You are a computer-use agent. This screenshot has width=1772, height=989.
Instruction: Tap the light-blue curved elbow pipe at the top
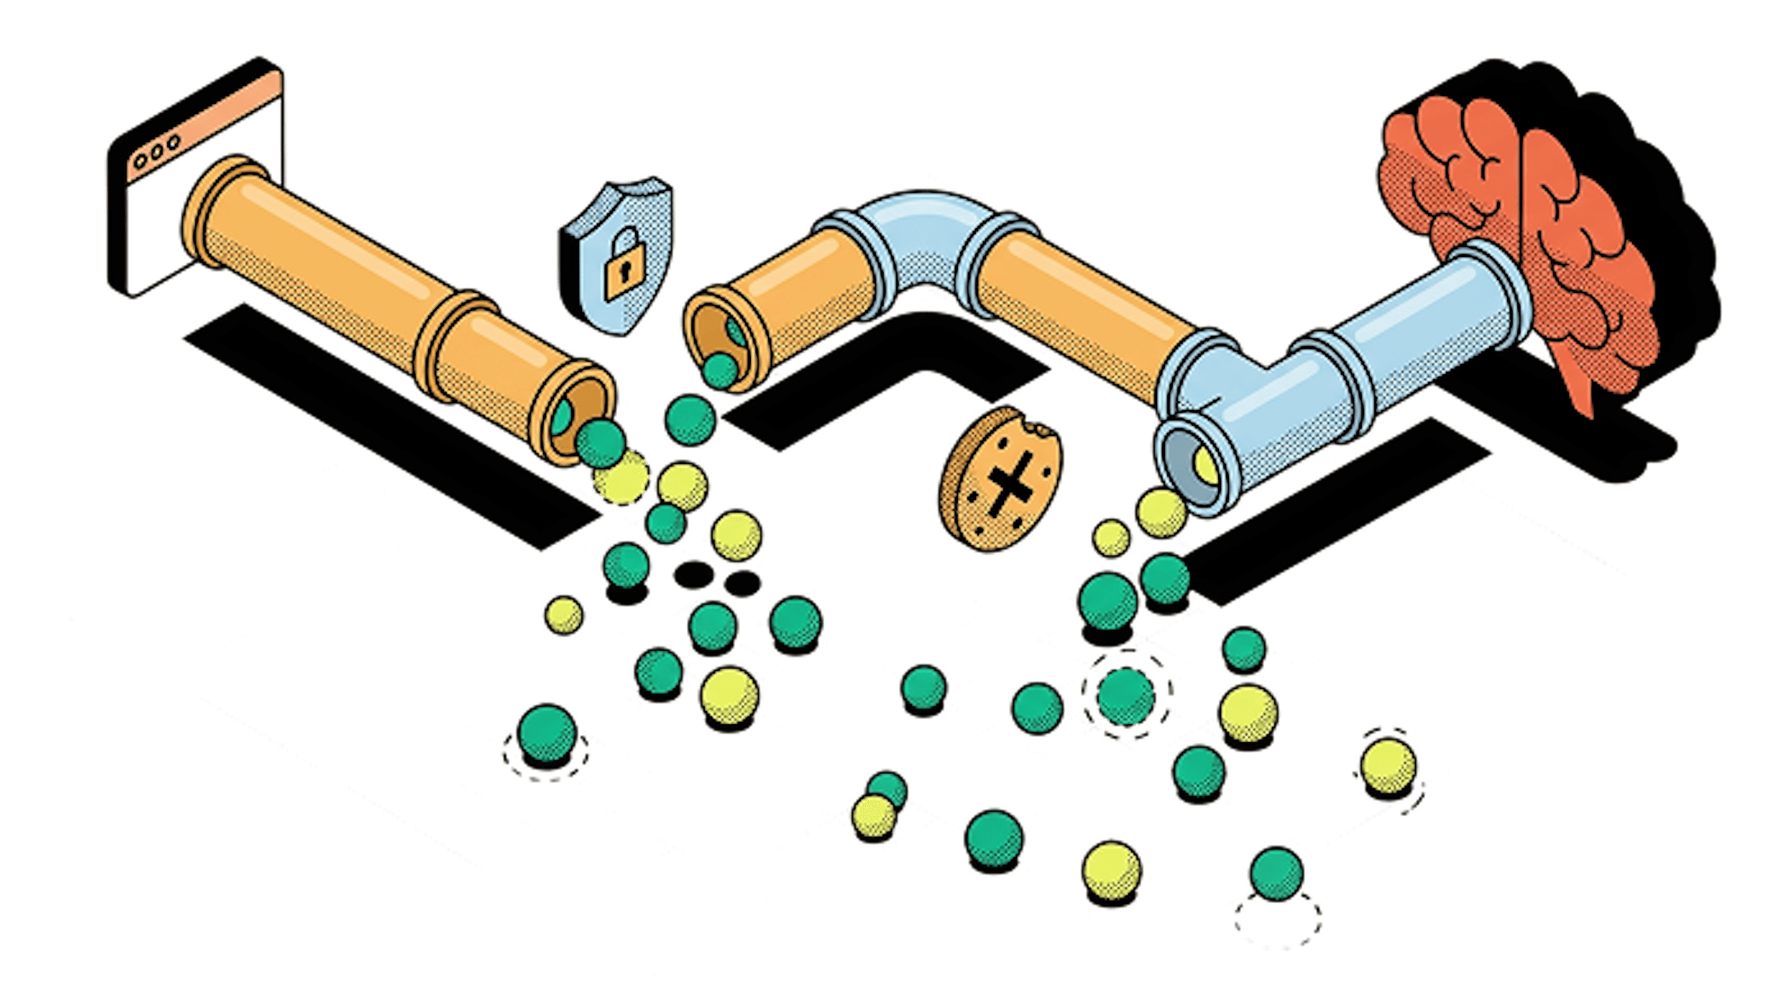coord(927,234)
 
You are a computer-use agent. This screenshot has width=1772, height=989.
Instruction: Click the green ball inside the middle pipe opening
coord(720,370)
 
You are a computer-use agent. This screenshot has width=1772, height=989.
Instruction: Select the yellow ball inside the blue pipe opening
coord(1203,466)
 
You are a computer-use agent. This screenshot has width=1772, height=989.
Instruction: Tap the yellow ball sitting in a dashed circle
coord(1388,766)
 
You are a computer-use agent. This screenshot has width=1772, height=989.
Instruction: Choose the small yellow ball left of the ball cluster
coord(563,614)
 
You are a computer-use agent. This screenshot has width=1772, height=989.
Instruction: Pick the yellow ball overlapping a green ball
coord(873,816)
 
